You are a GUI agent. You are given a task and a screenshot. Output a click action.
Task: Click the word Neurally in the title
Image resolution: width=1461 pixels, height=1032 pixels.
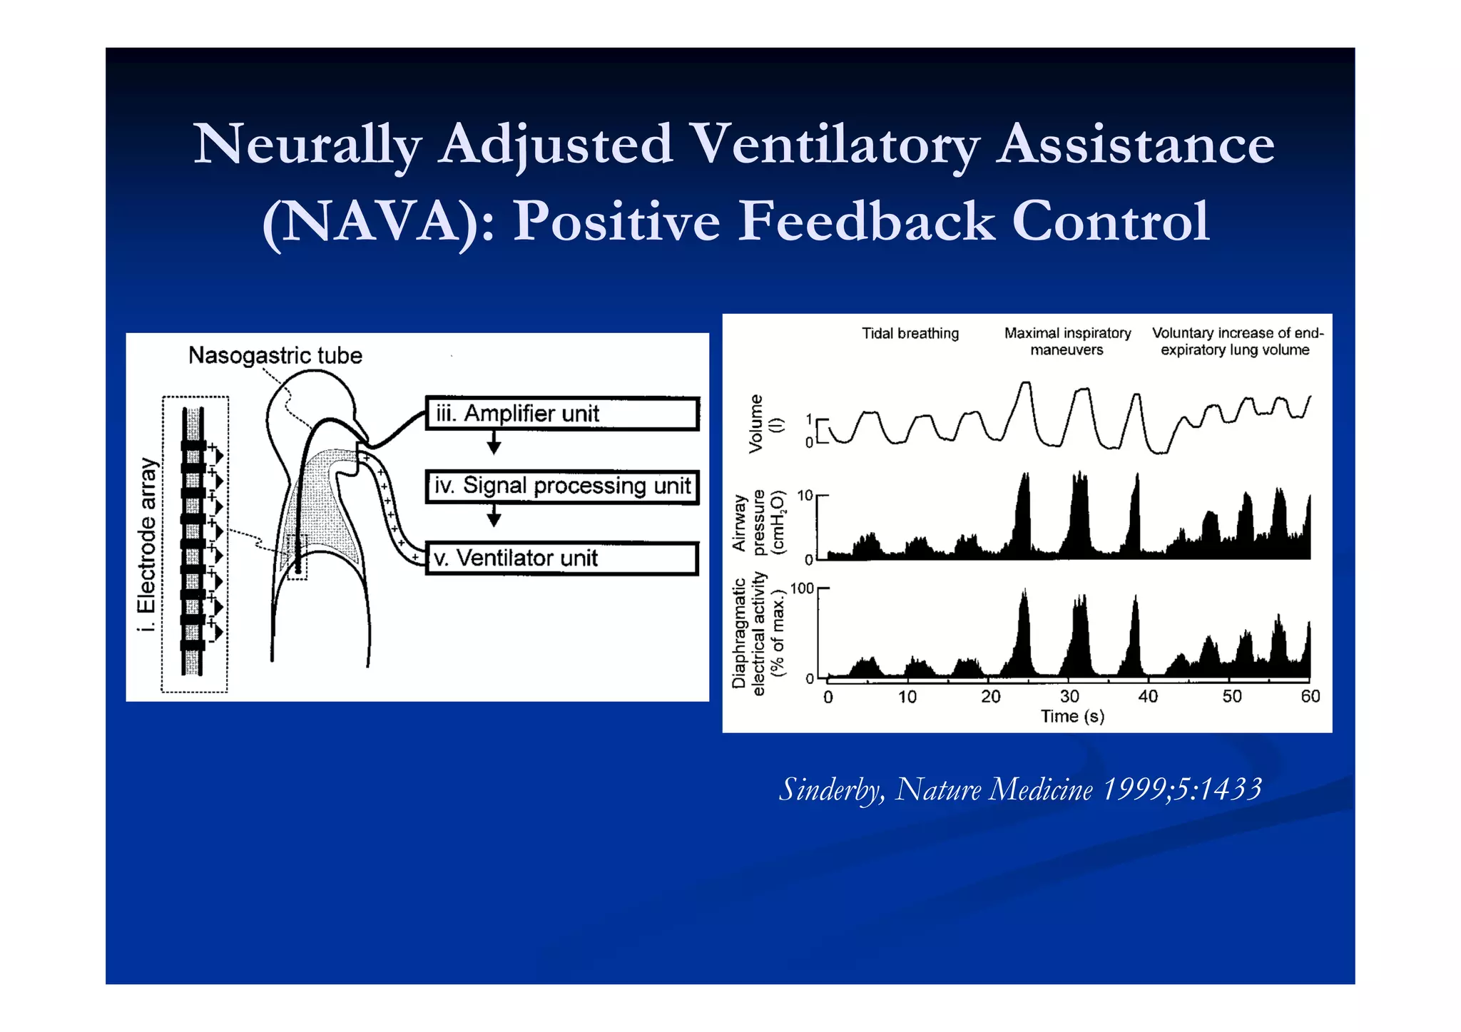pos(307,145)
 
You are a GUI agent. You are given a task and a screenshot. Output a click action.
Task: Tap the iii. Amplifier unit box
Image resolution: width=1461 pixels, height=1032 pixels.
pos(561,414)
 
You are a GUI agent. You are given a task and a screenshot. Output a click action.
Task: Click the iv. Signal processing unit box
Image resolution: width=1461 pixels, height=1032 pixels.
pos(561,486)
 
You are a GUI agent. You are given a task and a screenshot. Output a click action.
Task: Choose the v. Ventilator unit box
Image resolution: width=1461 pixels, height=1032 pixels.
pos(561,558)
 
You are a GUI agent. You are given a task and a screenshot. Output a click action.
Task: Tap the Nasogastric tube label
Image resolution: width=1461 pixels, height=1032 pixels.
pos(275,355)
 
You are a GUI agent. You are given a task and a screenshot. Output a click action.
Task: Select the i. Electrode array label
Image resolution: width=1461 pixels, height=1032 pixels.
pos(147,545)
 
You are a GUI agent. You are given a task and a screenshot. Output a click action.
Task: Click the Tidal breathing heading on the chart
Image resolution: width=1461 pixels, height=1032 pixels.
pos(910,333)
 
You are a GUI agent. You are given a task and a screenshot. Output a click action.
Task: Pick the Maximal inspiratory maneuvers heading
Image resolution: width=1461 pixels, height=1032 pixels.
pos(1067,342)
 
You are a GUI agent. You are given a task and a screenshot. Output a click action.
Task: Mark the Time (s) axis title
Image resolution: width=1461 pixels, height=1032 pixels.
pos(1072,716)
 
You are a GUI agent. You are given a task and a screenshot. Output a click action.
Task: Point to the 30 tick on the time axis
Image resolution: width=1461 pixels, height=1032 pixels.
pos(1069,697)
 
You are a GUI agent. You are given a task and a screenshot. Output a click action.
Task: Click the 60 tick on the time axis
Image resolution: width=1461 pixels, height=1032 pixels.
pos(1310,697)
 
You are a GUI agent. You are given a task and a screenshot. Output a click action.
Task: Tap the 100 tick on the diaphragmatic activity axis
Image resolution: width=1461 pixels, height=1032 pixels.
pos(802,588)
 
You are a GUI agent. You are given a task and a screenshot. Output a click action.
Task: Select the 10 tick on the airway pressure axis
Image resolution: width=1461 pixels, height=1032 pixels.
pos(805,495)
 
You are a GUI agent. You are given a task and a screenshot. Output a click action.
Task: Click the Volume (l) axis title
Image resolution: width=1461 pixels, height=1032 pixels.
pos(765,424)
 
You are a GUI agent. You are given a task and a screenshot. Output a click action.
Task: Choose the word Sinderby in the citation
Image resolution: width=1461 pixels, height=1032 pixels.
pos(832,790)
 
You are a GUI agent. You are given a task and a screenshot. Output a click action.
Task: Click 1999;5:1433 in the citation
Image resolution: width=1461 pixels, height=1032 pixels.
pos(1182,790)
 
